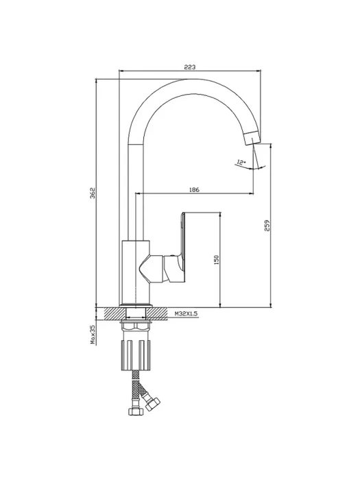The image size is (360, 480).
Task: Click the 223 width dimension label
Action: pos(190,67)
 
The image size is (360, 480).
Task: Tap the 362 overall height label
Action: pos(93,193)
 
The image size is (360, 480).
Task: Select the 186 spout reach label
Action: pos(194,190)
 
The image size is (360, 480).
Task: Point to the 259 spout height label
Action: pos(267,226)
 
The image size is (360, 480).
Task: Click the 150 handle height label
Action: pos(217,260)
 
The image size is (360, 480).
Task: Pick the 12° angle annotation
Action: pos(241,163)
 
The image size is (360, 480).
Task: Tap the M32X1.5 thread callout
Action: pos(186,313)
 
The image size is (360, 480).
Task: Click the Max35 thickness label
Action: pos(93,335)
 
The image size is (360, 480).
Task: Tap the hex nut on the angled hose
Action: pos(152,404)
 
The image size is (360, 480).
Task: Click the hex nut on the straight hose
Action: pos(134,411)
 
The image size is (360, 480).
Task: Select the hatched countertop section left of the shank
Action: pos(115,314)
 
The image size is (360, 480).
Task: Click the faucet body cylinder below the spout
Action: pos(135,272)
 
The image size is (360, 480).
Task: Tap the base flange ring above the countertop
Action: pos(135,306)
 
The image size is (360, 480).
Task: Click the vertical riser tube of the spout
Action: pos(135,193)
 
